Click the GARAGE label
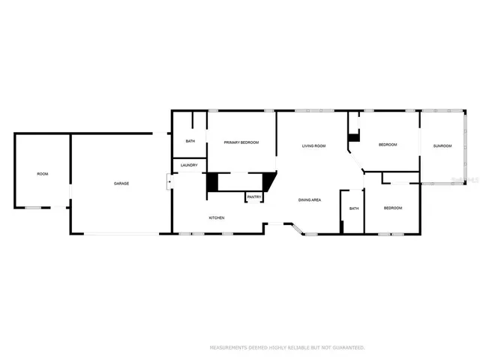point(121,184)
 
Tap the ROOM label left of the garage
point(43,174)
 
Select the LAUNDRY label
point(189,165)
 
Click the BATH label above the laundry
point(190,141)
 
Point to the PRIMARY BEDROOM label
point(241,142)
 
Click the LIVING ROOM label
point(313,145)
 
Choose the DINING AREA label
point(310,200)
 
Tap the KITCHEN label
point(217,218)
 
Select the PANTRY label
point(254,197)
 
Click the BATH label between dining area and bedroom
point(353,208)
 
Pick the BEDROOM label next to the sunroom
point(388,145)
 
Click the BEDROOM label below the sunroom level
point(393,208)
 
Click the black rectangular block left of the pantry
point(212,182)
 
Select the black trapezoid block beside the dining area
point(269,181)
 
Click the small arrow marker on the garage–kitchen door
point(169,181)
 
